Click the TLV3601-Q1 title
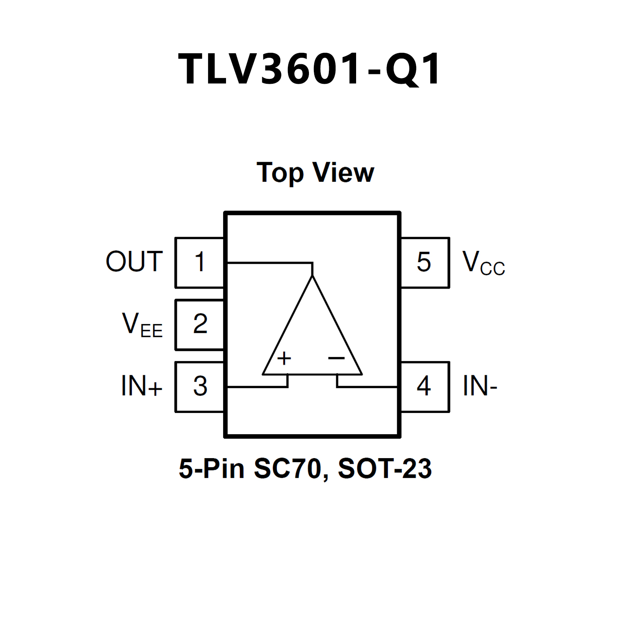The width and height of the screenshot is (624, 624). tap(310, 69)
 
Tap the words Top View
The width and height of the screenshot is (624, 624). tap(315, 173)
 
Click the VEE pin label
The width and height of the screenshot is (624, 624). tap(142, 324)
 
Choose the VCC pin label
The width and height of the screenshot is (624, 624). tap(483, 263)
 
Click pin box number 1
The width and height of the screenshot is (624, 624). tap(199, 262)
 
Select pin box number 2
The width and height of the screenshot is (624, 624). tap(200, 324)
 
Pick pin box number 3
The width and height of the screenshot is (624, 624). tap(200, 386)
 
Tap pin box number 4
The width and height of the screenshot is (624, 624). tap(424, 386)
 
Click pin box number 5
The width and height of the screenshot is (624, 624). tap(424, 262)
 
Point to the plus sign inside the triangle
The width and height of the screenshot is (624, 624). tap(284, 358)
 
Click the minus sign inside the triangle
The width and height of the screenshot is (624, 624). tap(336, 358)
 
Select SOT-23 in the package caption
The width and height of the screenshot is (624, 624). tap(385, 469)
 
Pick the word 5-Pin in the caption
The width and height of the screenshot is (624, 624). tap(211, 469)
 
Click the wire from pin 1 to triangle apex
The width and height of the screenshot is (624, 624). tap(268, 263)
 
